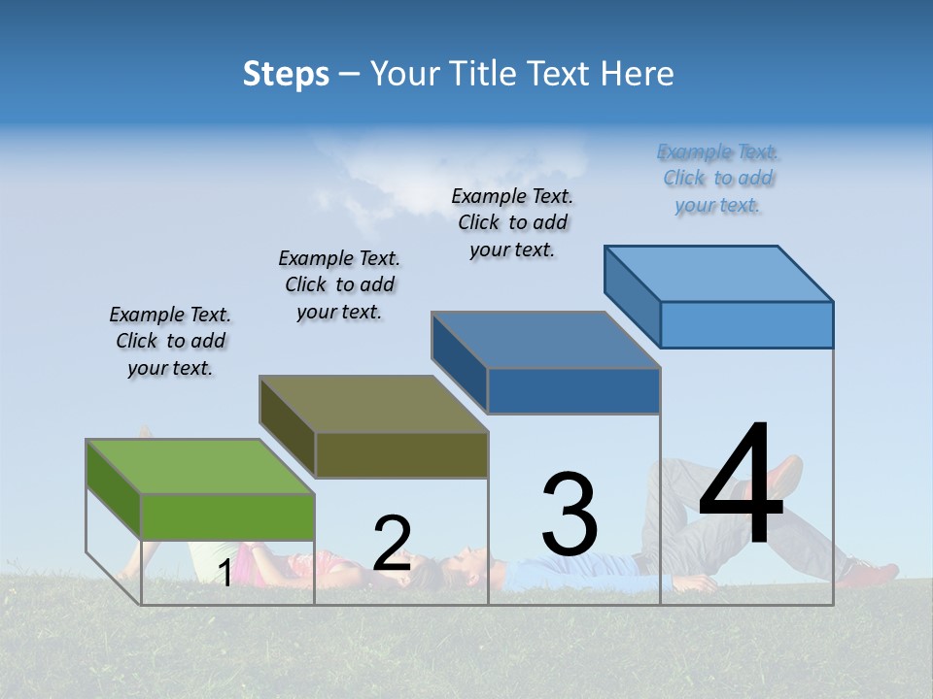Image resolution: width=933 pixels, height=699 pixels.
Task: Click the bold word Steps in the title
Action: (286, 74)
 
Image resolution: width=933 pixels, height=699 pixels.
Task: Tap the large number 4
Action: (741, 484)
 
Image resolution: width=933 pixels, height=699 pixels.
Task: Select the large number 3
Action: (570, 515)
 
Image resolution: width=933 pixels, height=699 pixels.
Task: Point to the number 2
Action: (392, 544)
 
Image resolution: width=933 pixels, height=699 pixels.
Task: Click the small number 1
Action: (225, 574)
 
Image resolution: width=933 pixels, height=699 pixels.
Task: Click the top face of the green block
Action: (200, 467)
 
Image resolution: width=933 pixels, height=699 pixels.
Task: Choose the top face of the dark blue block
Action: (545, 340)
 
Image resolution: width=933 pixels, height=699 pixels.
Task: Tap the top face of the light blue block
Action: (718, 274)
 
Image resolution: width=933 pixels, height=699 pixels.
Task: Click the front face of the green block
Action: (227, 516)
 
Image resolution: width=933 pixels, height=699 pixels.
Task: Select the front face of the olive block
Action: (401, 454)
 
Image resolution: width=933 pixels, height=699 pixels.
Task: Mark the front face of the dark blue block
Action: (573, 390)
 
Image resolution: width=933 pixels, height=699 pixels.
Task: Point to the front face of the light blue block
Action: (746, 324)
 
